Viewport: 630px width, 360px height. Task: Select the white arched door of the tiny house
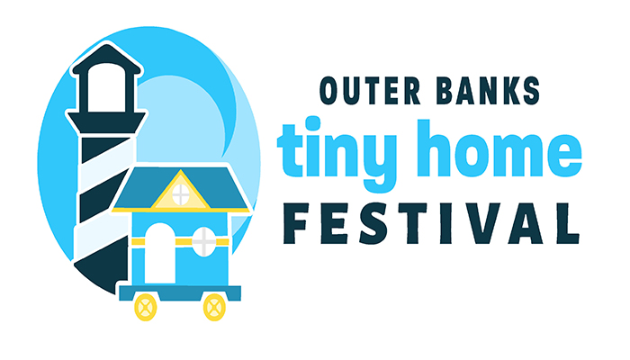pyautogui.click(x=161, y=253)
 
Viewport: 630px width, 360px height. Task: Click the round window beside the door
pyautogui.click(x=205, y=238)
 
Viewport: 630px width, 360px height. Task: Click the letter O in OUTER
pyautogui.click(x=329, y=91)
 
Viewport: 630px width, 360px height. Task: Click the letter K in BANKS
pyautogui.click(x=511, y=91)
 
